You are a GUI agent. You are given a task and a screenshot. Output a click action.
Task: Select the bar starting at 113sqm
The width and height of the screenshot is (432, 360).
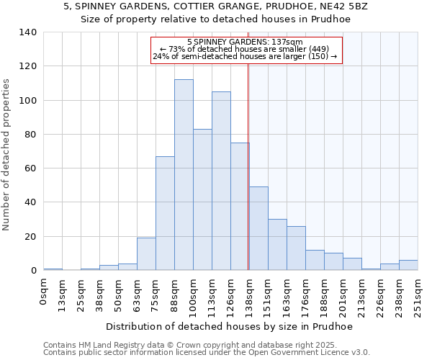coord(221,181)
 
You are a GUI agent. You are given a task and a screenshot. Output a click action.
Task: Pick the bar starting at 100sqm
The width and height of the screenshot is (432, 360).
coord(202,199)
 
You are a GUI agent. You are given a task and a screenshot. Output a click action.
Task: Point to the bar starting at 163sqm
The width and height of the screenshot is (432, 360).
coord(296,248)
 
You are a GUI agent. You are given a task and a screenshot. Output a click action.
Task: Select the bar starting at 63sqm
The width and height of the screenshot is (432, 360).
coord(146,253)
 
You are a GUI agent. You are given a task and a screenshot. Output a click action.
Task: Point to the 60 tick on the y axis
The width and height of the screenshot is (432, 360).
coord(30,168)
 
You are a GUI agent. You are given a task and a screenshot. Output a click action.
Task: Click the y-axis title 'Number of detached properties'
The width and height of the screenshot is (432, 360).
coord(7,165)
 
